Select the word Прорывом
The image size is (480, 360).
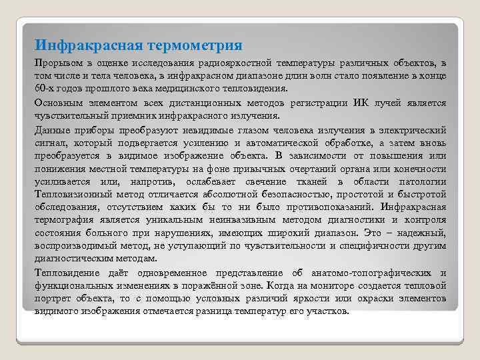(x=57, y=63)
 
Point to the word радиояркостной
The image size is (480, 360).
(x=231, y=63)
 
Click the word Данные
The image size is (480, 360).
(x=51, y=129)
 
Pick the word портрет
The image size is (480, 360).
(x=54, y=299)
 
